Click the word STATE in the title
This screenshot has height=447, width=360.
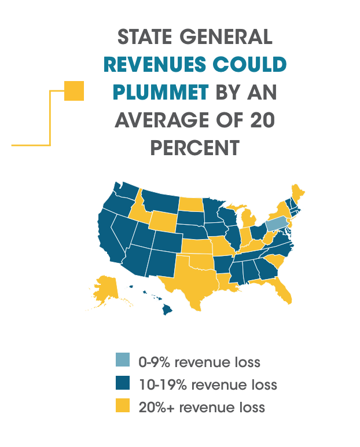point(145,37)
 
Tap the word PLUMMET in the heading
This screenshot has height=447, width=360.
point(161,92)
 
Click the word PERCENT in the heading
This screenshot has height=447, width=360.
point(195,148)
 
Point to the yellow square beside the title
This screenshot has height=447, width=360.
point(74,91)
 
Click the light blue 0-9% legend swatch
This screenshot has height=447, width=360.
point(123,360)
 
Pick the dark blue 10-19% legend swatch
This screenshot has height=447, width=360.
point(123,383)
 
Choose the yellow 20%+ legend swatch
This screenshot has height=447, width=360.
point(123,405)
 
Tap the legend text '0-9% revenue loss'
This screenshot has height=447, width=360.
point(199,362)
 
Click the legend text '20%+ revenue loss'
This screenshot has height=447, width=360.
point(202,408)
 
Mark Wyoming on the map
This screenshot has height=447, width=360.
point(163,221)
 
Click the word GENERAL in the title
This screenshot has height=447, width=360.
point(226,37)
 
